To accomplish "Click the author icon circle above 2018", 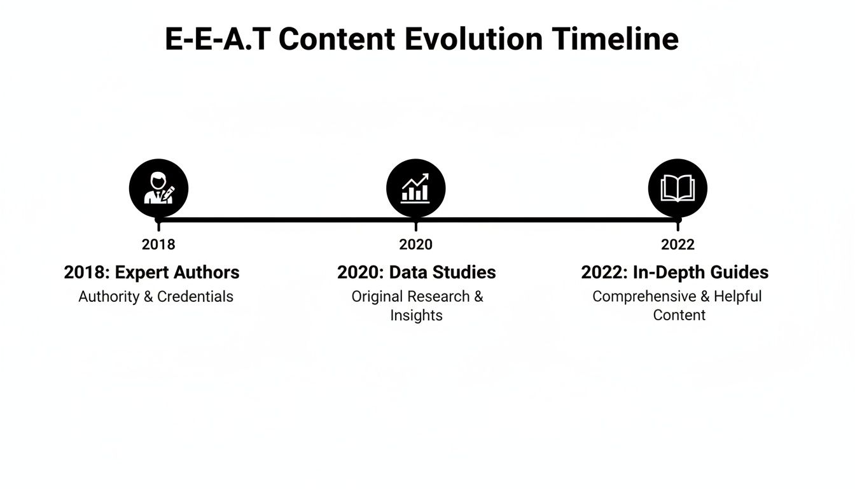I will coord(158,188).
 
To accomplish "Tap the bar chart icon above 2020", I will coord(415,188).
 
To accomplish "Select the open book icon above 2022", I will coord(678,188).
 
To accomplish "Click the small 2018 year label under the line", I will coord(158,244).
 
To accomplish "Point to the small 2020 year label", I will coord(415,244).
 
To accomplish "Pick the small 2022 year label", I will coord(678,244).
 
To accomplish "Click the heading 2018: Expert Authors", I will coord(151,273).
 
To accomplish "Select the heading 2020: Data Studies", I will coord(416,273).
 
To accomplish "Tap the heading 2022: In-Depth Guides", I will coord(674,273).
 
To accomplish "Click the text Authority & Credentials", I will coord(156,297).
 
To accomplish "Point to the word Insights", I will coord(416,315).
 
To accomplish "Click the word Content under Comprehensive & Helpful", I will coord(679,315).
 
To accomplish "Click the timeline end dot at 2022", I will coord(678,221).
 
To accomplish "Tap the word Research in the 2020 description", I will coord(438,297).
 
